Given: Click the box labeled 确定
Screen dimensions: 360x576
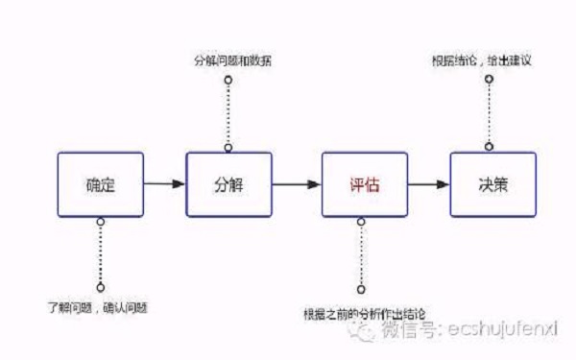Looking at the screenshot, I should coord(100,183).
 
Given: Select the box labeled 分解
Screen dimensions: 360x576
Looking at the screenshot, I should coord(228,183).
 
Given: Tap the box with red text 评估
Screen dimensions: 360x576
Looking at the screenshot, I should coord(362,183).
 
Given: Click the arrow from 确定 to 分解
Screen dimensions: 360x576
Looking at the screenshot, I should coord(164,183).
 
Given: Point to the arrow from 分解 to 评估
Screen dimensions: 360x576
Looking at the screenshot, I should coord(295,183).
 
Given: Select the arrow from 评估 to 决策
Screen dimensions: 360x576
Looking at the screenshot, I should coord(427,183).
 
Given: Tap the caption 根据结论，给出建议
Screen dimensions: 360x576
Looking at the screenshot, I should coord(494,60).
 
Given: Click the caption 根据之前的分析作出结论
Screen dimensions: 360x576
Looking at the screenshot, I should coord(363,312).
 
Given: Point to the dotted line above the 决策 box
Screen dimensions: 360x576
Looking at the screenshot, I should coord(490,113).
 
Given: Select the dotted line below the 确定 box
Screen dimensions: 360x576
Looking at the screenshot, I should coord(100,252).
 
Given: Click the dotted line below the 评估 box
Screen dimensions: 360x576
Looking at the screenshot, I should coord(361,254).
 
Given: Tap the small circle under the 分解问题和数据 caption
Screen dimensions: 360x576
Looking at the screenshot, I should coord(228,80).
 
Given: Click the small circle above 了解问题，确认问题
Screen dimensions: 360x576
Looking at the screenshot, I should coord(100,287).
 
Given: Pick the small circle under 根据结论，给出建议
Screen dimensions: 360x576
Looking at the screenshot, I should coord(490,80).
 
